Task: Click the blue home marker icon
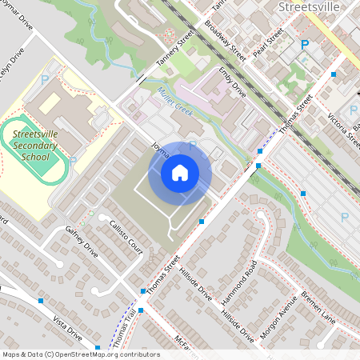180,172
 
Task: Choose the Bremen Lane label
317,307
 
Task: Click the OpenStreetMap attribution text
80,354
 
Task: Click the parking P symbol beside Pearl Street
304,46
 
